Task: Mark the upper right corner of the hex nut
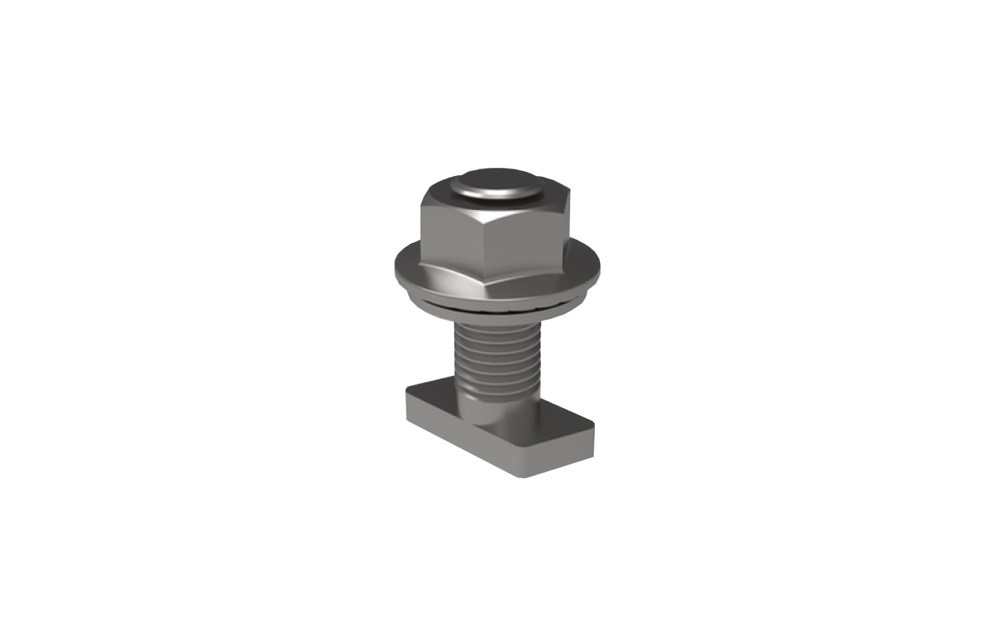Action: (x=569, y=197)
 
